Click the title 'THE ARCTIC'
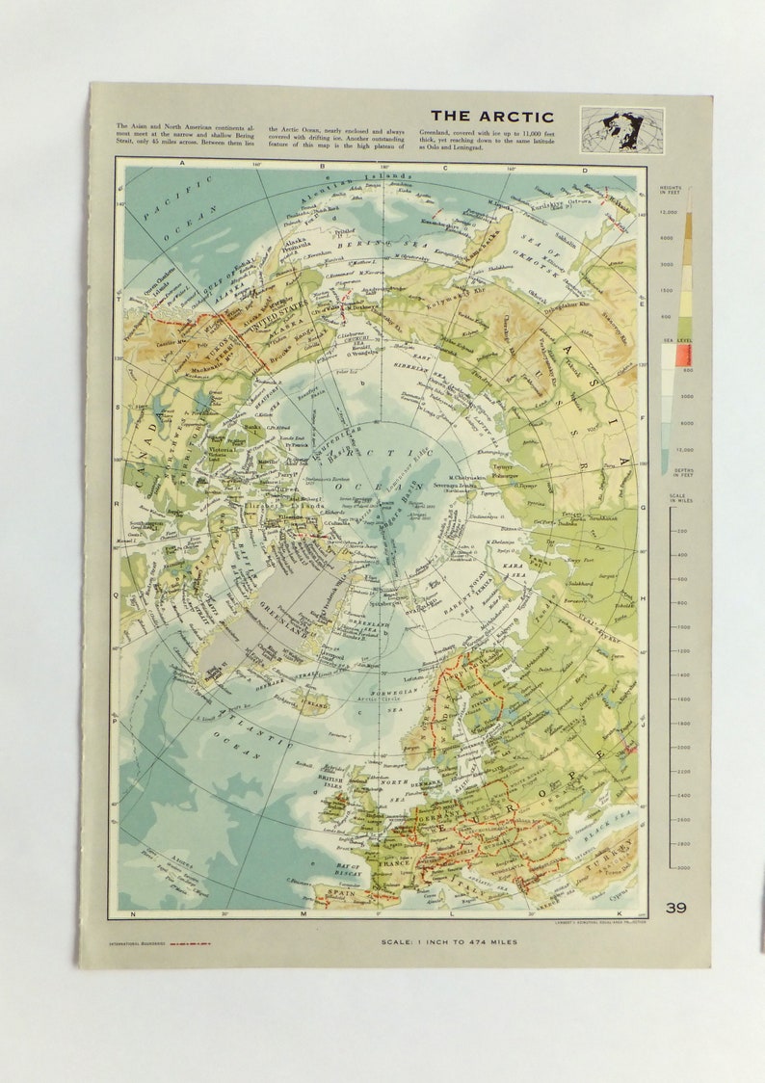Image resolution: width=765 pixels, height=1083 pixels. tap(491, 117)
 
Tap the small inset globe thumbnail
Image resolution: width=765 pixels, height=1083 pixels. tap(621, 128)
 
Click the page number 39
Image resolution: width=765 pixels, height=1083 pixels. tap(675, 907)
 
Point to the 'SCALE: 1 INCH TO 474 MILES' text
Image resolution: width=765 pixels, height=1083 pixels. tap(449, 941)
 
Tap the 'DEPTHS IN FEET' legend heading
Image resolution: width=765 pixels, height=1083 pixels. tap(671, 471)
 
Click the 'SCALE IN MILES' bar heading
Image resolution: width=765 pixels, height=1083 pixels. tap(671, 498)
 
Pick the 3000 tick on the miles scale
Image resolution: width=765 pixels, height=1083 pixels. tap(682, 867)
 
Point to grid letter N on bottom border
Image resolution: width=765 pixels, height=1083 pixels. tap(133, 912)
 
